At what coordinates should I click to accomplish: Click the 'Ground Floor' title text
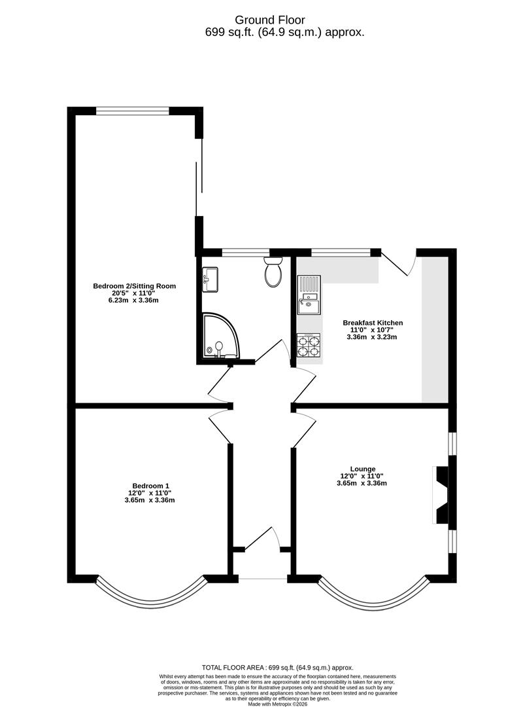261,20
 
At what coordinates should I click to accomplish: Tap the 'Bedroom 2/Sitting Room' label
134,286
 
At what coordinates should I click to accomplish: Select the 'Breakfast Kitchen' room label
373,323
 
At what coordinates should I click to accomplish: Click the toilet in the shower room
273,274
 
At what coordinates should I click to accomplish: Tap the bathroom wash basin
211,280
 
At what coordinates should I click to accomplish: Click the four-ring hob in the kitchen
309,346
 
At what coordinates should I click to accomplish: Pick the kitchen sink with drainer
309,295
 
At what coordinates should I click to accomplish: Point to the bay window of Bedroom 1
150,593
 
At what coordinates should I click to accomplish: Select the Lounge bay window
373,593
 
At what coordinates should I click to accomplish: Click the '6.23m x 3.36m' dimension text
134,300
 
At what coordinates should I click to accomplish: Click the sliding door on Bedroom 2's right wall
199,177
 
